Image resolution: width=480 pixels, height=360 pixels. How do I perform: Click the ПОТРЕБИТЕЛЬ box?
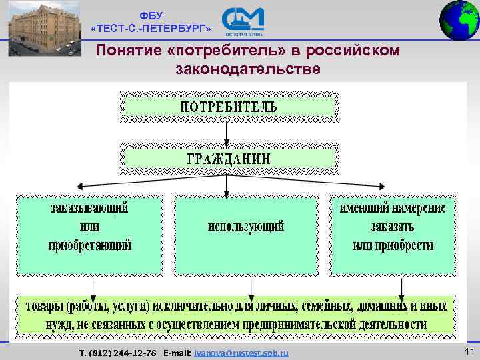click(x=228, y=106)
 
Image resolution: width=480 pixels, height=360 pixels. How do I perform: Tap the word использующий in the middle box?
click(x=246, y=227)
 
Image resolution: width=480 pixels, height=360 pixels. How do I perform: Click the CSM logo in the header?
click(x=243, y=21)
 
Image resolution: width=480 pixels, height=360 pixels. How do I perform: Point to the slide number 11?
click(x=468, y=351)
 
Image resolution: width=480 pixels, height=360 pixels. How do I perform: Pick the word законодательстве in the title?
click(x=248, y=69)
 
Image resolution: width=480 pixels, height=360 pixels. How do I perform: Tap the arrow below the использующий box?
click(x=251, y=286)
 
